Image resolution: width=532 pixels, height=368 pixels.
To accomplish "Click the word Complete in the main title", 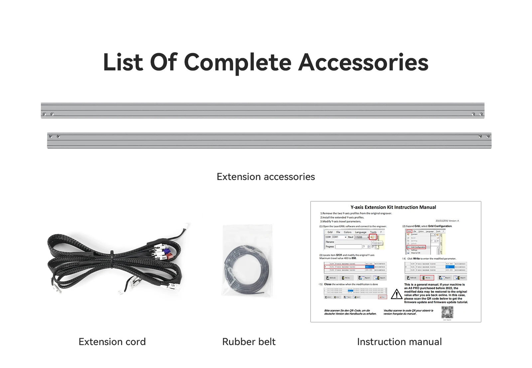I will tap(237, 62).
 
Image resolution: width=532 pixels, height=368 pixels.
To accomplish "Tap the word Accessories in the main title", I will tap(363, 62).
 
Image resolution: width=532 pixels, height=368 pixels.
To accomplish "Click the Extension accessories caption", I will tap(266, 177).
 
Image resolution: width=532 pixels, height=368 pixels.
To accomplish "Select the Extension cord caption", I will tap(112, 342).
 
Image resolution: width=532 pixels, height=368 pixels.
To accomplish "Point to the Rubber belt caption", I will tap(249, 342).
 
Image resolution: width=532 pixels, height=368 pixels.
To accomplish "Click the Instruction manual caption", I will tap(399, 342).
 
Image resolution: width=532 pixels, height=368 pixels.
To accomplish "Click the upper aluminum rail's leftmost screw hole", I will tap(45, 114).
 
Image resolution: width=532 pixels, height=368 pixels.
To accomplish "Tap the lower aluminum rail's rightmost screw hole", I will tap(488, 137).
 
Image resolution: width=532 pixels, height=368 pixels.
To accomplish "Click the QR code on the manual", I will tap(447, 312).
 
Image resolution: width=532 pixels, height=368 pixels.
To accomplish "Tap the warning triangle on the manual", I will tap(396, 294).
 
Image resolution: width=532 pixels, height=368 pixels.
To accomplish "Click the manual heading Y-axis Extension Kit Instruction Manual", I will tap(393, 207).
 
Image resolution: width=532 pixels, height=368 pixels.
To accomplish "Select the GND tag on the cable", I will tap(164, 258).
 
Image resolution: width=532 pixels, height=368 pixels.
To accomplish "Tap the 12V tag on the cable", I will tap(173, 285).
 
